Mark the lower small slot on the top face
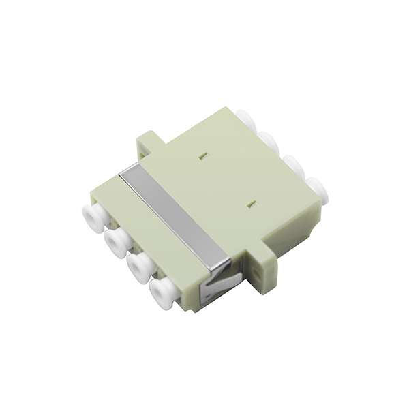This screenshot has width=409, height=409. pyautogui.click(x=249, y=202)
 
